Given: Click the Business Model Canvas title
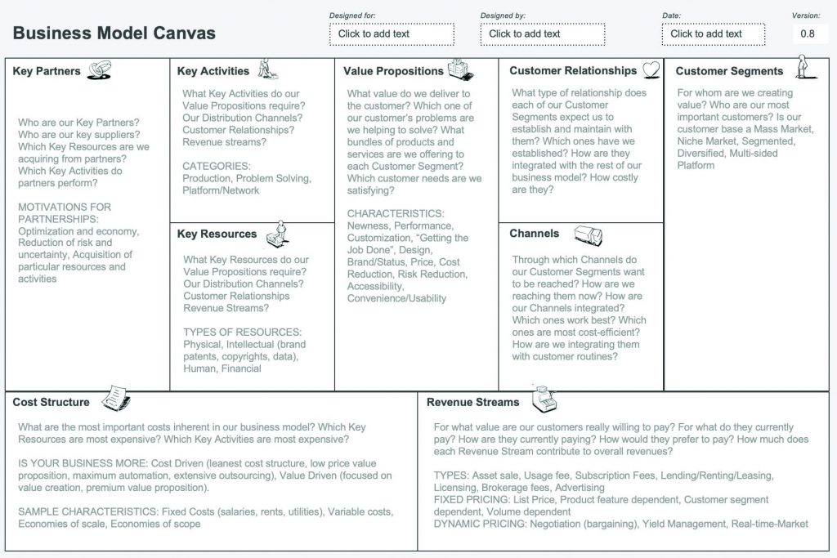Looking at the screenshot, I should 114,33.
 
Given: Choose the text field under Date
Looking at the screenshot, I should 714,34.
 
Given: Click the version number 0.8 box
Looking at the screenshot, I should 808,34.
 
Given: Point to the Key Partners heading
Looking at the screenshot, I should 47,71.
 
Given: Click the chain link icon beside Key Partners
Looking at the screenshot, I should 98,71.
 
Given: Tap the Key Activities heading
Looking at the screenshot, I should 213,71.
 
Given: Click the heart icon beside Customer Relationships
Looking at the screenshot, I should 651,71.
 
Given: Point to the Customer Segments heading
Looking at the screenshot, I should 729,71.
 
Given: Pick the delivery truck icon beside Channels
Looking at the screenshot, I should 589,234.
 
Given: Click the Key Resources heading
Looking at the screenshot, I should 217,234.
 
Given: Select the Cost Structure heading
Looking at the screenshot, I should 51,402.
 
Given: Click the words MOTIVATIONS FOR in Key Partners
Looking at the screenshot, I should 65,207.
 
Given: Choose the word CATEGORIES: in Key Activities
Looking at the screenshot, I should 216,166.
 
